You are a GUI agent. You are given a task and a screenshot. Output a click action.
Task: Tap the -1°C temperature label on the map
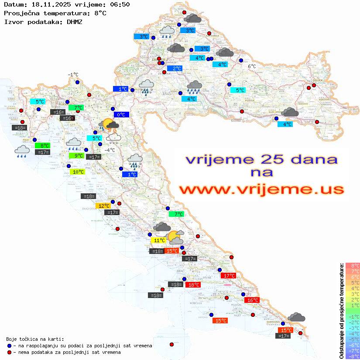(x=73, y=75)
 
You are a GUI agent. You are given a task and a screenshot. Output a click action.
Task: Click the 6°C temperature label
(x=252, y=66)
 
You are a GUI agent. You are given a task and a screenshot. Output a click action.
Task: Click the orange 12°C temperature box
(x=103, y=206)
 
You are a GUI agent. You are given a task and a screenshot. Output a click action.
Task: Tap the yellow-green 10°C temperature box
(x=78, y=172)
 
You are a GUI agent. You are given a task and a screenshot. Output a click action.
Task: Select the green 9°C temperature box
(x=77, y=156)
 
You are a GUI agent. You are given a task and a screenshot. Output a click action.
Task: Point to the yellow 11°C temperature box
(x=158, y=240)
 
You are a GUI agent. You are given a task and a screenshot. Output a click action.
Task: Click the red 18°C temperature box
(x=192, y=285)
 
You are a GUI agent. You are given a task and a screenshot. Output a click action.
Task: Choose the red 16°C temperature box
(x=252, y=300)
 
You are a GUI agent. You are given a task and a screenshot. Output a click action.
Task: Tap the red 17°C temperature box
(x=229, y=276)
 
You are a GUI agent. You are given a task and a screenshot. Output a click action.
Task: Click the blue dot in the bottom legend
(x=9, y=346)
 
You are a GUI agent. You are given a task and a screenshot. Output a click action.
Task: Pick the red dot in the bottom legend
(x=9, y=352)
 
